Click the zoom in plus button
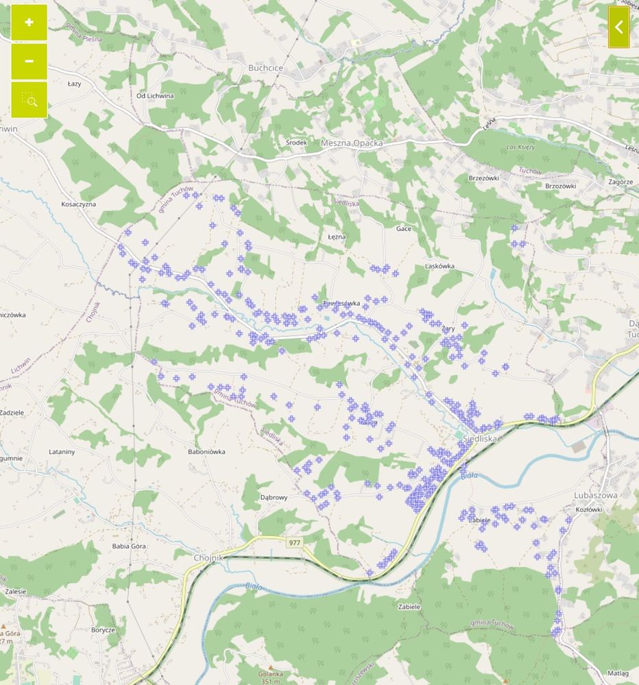(29, 23)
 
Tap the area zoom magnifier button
(29, 100)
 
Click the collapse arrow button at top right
(618, 27)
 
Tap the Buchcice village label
(265, 68)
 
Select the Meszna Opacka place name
(352, 143)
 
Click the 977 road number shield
(294, 542)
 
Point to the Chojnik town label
(209, 558)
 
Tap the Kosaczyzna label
(79, 204)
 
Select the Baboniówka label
(206, 452)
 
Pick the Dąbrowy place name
(274, 497)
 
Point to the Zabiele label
(409, 606)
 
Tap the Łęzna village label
(337, 236)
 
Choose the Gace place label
(404, 228)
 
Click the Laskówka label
(440, 265)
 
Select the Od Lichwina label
(155, 96)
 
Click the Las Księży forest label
(520, 147)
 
